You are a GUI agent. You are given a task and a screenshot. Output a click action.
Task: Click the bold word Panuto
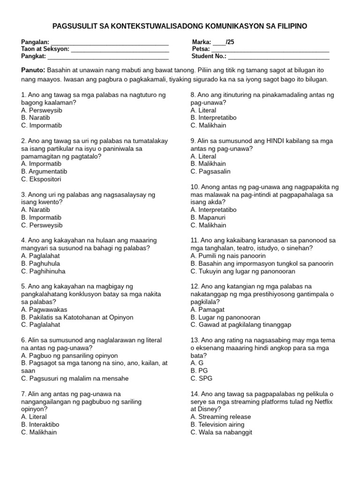(x=33, y=70)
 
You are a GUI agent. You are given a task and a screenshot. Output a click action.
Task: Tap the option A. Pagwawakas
(x=44, y=309)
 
